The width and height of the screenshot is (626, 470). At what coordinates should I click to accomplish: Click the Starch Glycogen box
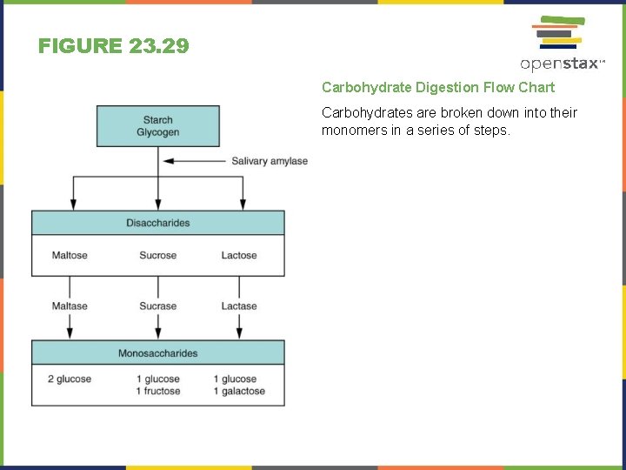pyautogui.click(x=157, y=126)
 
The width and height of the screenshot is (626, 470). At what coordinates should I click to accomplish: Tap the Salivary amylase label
pyautogui.click(x=270, y=161)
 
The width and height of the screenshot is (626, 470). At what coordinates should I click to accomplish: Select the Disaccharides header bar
pyautogui.click(x=157, y=223)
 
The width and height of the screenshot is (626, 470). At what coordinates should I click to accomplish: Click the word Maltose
pyautogui.click(x=70, y=256)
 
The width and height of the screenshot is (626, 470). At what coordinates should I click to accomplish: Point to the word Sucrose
pyautogui.click(x=157, y=256)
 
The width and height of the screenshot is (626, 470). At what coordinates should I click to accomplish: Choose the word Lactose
pyautogui.click(x=239, y=256)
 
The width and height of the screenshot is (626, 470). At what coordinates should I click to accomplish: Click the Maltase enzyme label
pyautogui.click(x=70, y=306)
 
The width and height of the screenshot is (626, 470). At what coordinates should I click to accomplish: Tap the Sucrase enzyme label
pyautogui.click(x=157, y=306)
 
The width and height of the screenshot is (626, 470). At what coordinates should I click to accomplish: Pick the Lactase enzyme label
pyautogui.click(x=239, y=306)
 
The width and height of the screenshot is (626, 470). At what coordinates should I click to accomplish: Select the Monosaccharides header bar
pyautogui.click(x=157, y=353)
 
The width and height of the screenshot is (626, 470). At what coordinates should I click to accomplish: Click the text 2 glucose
pyautogui.click(x=70, y=379)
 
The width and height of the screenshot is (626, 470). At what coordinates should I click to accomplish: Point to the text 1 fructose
pyautogui.click(x=158, y=392)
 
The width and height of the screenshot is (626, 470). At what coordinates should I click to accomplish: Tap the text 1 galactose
pyautogui.click(x=239, y=392)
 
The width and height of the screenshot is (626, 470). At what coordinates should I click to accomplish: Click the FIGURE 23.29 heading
pyautogui.click(x=113, y=46)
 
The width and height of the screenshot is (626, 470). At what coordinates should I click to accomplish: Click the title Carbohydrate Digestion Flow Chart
pyautogui.click(x=437, y=87)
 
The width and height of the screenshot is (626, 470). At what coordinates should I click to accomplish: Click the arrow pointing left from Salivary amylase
pyautogui.click(x=193, y=161)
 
